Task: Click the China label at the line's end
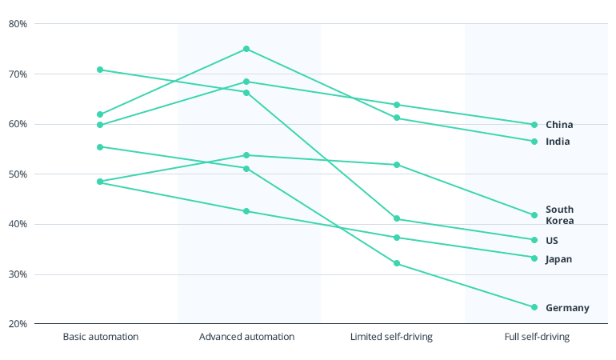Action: click(x=559, y=125)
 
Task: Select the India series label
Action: click(x=558, y=142)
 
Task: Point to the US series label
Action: click(x=552, y=241)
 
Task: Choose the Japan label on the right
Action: click(x=558, y=259)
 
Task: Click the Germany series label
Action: click(x=567, y=308)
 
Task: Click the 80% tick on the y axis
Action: click(x=18, y=24)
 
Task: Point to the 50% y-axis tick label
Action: click(x=18, y=174)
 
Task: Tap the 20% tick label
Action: click(x=18, y=324)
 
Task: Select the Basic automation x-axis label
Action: click(x=101, y=337)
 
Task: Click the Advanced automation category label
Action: click(x=246, y=337)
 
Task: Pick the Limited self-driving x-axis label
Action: click(x=391, y=337)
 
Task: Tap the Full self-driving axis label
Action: click(x=537, y=337)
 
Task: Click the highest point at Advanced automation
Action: click(x=246, y=49)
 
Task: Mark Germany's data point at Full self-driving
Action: click(x=534, y=307)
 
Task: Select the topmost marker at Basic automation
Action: click(x=100, y=70)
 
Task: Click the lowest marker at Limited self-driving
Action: click(x=397, y=263)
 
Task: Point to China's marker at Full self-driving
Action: click(x=534, y=125)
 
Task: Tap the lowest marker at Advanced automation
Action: click(x=246, y=211)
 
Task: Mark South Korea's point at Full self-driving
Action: click(x=534, y=215)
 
